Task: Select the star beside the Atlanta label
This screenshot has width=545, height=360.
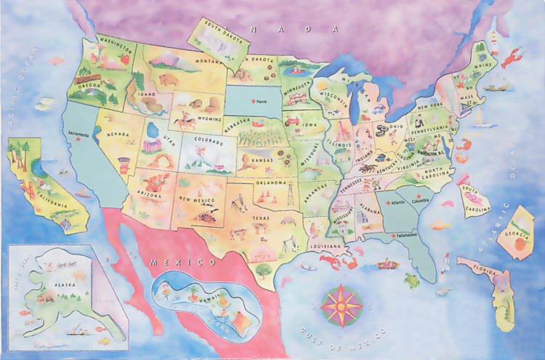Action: pyautogui.click(x=389, y=202)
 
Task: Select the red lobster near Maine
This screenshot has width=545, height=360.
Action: pyautogui.click(x=515, y=54)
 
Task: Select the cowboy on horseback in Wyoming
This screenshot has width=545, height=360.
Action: pyautogui.click(x=183, y=121)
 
